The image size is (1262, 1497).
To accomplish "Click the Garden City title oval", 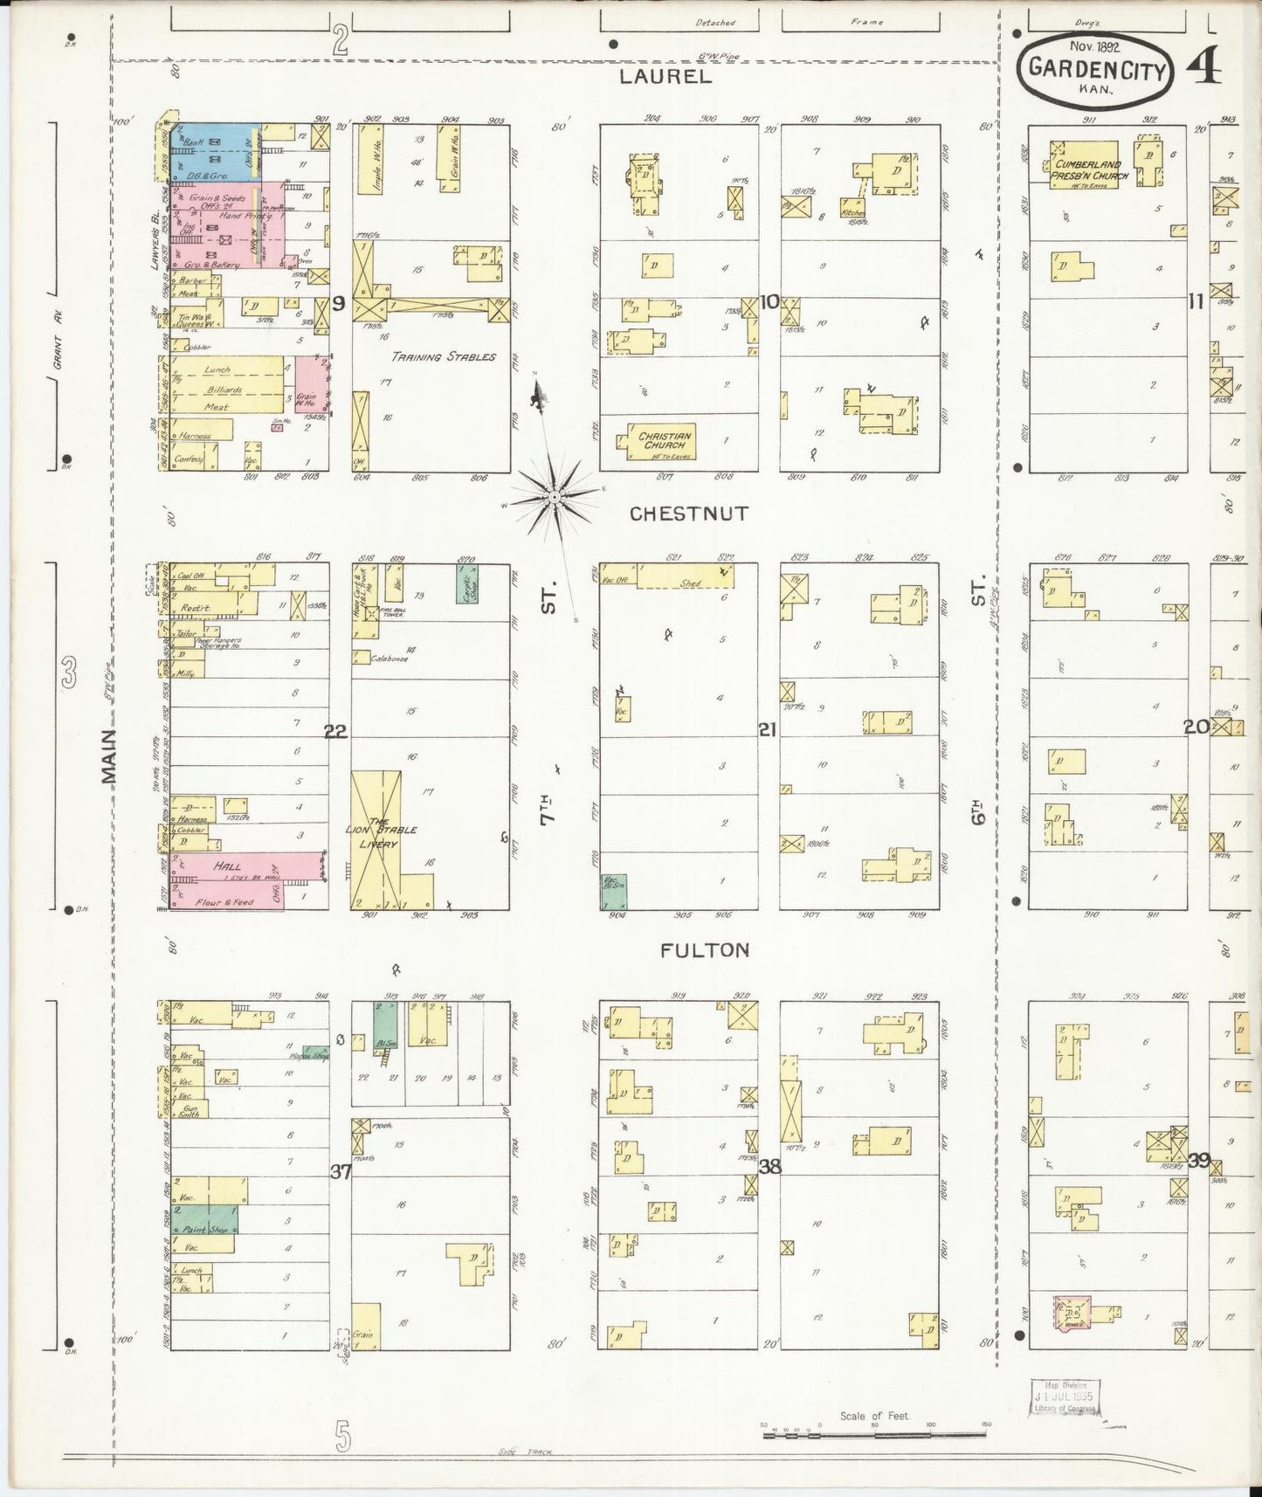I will (1097, 69).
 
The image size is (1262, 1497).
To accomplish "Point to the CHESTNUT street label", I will (689, 514).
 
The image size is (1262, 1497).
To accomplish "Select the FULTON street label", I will (706, 950).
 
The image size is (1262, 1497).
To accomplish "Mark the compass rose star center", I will (554, 497).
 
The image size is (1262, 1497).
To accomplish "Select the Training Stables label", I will (443, 357).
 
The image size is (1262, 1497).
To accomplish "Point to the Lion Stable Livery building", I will (378, 837).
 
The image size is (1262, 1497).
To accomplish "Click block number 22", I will (335, 732).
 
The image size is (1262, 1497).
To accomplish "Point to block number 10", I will (769, 302).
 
